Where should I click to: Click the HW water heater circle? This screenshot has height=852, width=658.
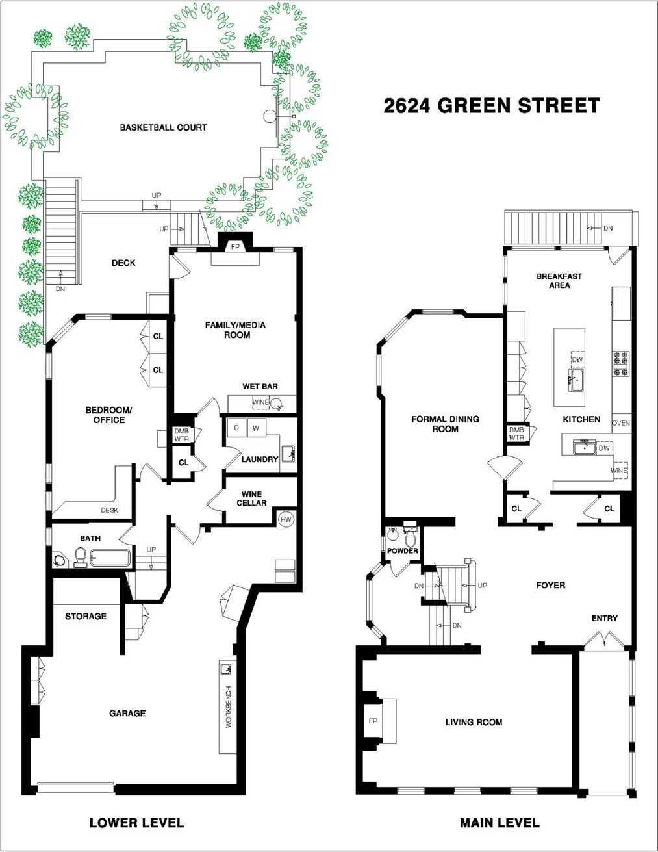286,520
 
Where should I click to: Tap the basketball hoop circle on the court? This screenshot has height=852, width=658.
269,116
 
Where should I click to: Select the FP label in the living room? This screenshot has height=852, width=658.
373,721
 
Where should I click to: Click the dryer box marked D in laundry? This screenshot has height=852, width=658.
236,428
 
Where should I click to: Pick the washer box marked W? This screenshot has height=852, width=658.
257,428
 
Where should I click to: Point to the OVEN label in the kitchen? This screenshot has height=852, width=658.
621,423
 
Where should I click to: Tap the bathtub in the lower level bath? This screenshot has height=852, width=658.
110,558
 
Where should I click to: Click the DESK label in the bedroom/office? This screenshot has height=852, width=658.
109,510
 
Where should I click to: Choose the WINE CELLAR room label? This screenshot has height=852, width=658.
251,498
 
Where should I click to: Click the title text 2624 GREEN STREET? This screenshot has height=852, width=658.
492,105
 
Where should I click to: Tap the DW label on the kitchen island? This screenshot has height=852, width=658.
577,359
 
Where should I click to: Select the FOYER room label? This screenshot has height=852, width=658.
551,585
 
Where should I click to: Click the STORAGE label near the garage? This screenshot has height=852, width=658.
86,616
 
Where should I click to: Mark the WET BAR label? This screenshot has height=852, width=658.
260,386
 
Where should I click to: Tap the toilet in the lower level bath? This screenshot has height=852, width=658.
80,557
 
